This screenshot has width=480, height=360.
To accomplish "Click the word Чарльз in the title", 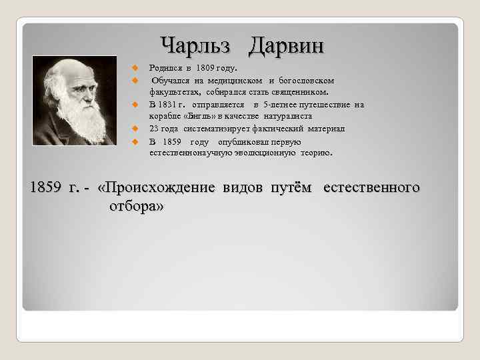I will (x=198, y=46).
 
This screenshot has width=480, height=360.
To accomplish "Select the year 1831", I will (x=170, y=105).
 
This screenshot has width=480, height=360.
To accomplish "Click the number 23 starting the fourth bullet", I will (x=154, y=129).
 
